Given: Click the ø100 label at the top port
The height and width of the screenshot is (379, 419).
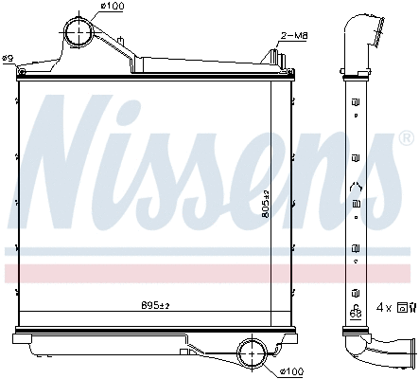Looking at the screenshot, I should (x=113, y=9).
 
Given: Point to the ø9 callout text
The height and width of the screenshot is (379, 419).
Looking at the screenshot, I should (x=7, y=60).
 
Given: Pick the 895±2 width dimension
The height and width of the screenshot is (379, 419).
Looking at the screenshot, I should (x=154, y=305).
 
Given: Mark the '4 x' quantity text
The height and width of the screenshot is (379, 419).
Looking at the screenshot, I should (x=384, y=308).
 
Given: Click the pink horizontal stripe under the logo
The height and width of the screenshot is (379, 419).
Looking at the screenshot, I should (x=189, y=274).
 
